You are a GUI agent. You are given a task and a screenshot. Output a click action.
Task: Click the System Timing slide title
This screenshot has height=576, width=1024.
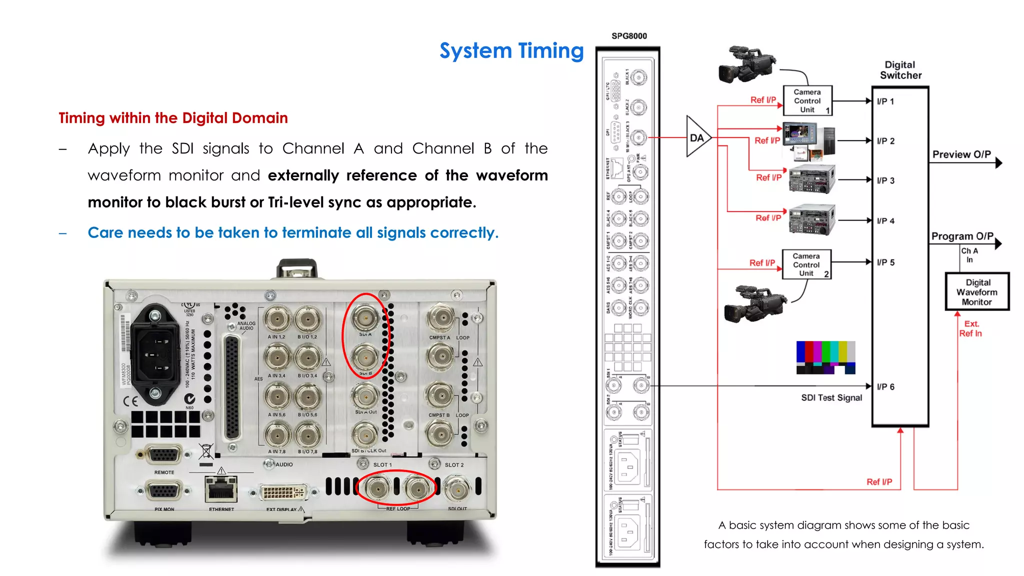(x=511, y=51)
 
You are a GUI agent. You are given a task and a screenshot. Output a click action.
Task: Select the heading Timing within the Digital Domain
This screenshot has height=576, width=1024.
(x=173, y=118)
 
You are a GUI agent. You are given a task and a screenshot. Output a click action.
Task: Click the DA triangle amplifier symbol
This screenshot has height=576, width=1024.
(x=696, y=137)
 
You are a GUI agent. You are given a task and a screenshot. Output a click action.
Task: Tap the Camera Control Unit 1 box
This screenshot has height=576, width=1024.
(x=807, y=100)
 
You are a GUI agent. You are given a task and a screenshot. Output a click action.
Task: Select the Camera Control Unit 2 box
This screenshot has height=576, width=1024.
(x=806, y=264)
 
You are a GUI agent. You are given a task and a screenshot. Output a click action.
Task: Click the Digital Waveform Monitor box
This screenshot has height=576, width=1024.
(x=977, y=292)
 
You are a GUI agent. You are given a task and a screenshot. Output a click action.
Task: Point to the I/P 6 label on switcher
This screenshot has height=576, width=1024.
(x=885, y=386)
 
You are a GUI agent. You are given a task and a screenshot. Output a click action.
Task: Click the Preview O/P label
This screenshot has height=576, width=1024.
(x=961, y=154)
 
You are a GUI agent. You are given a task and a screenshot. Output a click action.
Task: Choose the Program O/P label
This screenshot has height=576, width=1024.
(x=962, y=236)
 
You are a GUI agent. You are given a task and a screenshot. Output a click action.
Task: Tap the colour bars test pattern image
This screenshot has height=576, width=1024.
(x=825, y=357)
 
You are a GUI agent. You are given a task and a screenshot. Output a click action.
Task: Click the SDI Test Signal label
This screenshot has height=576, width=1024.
(x=831, y=398)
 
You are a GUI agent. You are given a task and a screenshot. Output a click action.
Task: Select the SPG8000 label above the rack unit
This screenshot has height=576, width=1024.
(x=629, y=36)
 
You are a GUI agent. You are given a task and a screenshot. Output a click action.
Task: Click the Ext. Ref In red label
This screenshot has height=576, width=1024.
(x=970, y=328)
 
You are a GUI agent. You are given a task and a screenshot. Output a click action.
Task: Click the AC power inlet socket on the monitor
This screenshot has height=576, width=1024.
(x=155, y=355)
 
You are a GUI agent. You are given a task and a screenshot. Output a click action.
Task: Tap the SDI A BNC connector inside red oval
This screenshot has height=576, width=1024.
(x=365, y=317)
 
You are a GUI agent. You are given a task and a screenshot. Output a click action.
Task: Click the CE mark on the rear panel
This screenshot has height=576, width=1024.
(x=130, y=401)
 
